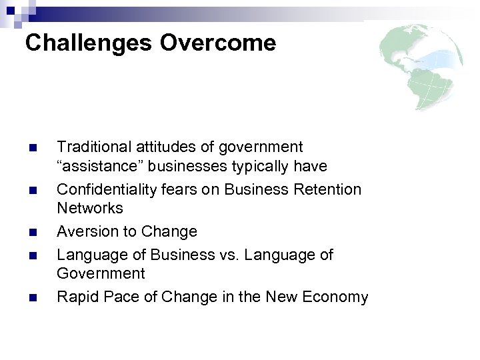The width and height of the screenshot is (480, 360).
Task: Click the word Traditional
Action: [x=93, y=147]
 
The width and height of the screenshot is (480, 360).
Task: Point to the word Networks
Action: [x=90, y=208]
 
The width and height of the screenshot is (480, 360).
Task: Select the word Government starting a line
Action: [x=100, y=273]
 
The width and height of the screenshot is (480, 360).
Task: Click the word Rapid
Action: [x=76, y=297]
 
